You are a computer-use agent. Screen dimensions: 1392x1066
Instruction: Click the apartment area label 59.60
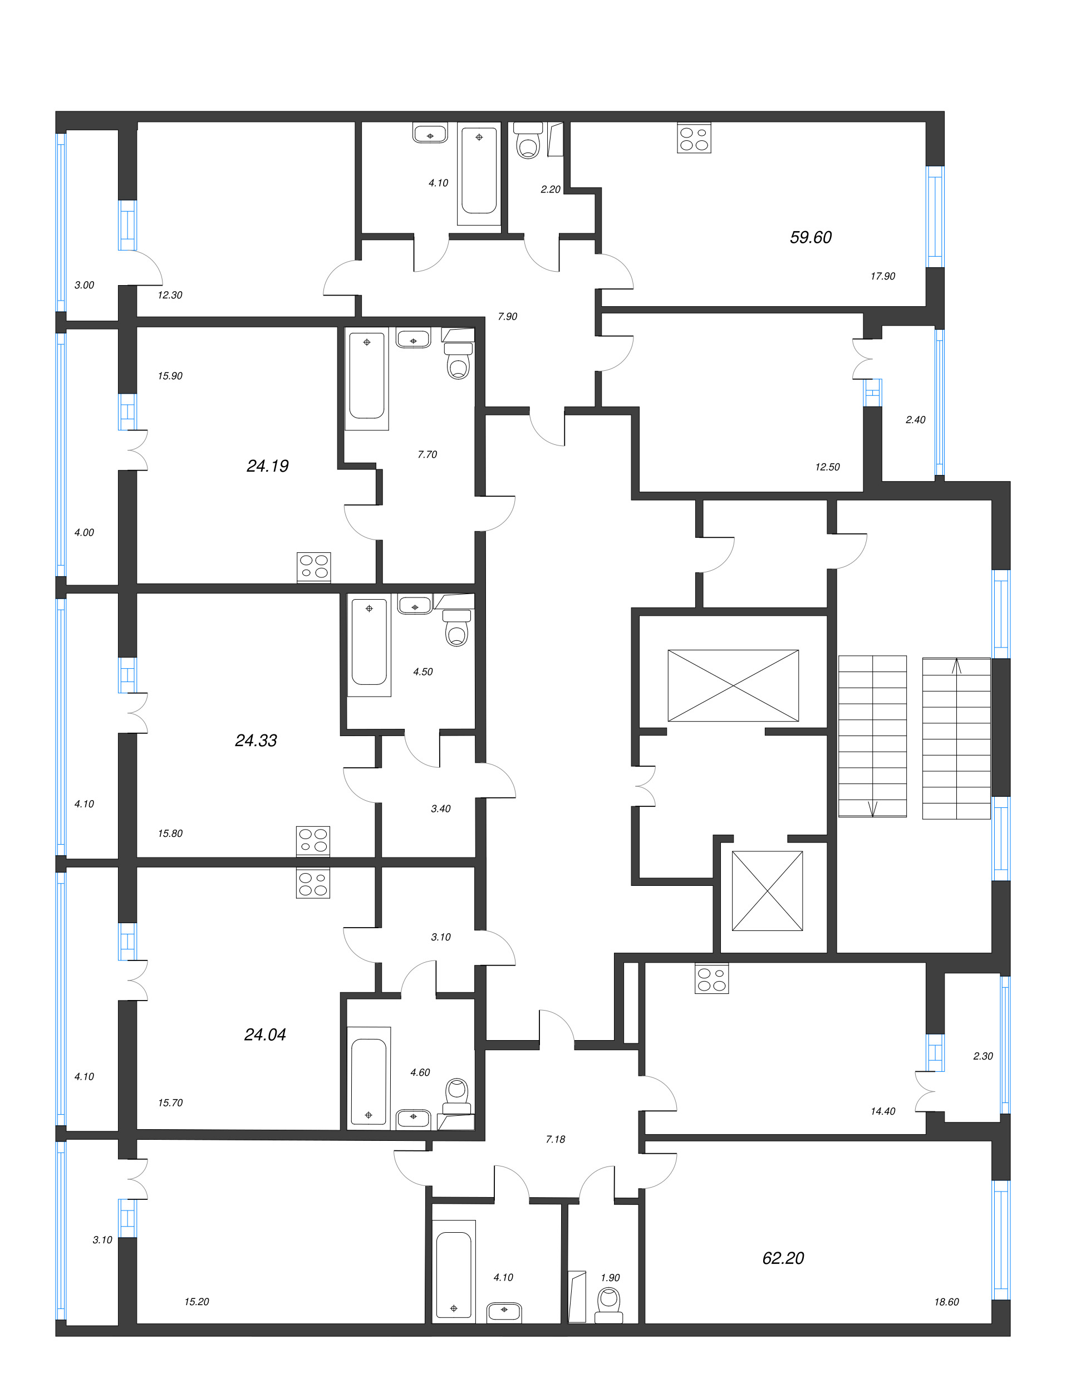pyautogui.click(x=810, y=237)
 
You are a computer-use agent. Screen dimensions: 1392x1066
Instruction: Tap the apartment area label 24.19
pyautogui.click(x=267, y=466)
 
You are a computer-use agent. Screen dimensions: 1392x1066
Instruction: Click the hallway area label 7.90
pyautogui.click(x=508, y=316)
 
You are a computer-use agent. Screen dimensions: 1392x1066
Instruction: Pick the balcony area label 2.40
pyautogui.click(x=915, y=420)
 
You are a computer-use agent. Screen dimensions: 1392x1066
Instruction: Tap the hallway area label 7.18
pyautogui.click(x=555, y=1139)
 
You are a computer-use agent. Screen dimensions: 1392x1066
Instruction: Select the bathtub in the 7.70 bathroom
pyautogui.click(x=367, y=378)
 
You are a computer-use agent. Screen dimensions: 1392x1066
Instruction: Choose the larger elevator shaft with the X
pyautogui.click(x=733, y=685)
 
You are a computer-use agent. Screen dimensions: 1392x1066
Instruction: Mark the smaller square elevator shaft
pyautogui.click(x=767, y=890)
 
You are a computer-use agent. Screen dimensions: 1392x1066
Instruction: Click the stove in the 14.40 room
pyautogui.click(x=711, y=978)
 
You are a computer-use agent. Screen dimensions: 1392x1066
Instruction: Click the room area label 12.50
pyautogui.click(x=827, y=467)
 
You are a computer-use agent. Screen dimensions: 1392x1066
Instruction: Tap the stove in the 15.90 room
pyautogui.click(x=313, y=567)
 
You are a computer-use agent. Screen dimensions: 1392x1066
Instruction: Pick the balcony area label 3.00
pyautogui.click(x=85, y=285)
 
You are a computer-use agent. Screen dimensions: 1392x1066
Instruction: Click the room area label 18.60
pyautogui.click(x=946, y=1301)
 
